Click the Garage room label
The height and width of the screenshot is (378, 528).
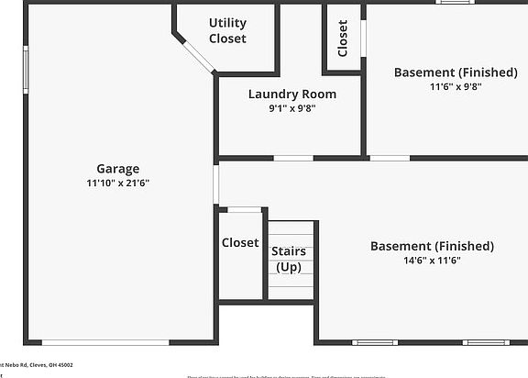(118, 169)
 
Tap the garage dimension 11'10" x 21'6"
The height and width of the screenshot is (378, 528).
(118, 183)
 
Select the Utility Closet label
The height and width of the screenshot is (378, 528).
(227, 30)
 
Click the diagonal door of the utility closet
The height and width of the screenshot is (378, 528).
(194, 52)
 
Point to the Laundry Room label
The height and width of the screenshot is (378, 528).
(291, 94)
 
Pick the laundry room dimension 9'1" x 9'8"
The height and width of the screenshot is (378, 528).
(291, 107)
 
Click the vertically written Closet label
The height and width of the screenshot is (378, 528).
(343, 39)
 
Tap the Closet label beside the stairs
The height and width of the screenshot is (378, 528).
(239, 243)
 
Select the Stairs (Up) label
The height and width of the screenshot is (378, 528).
(288, 259)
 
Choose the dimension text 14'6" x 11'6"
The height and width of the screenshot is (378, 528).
(432, 261)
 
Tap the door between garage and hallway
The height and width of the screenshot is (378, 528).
(216, 183)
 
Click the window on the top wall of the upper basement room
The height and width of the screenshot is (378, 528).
(454, 3)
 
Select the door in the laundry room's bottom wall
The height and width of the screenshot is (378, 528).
(293, 158)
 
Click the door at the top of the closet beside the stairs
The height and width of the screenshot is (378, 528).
(244, 210)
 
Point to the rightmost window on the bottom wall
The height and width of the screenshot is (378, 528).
(486, 342)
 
